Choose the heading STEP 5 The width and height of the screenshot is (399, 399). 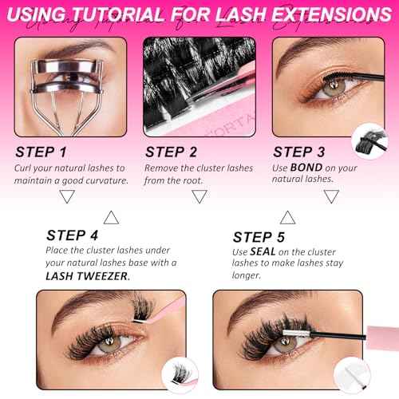click(259, 237)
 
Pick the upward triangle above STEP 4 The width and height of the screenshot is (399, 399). click(112, 215)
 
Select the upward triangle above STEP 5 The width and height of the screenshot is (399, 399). click(285, 215)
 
